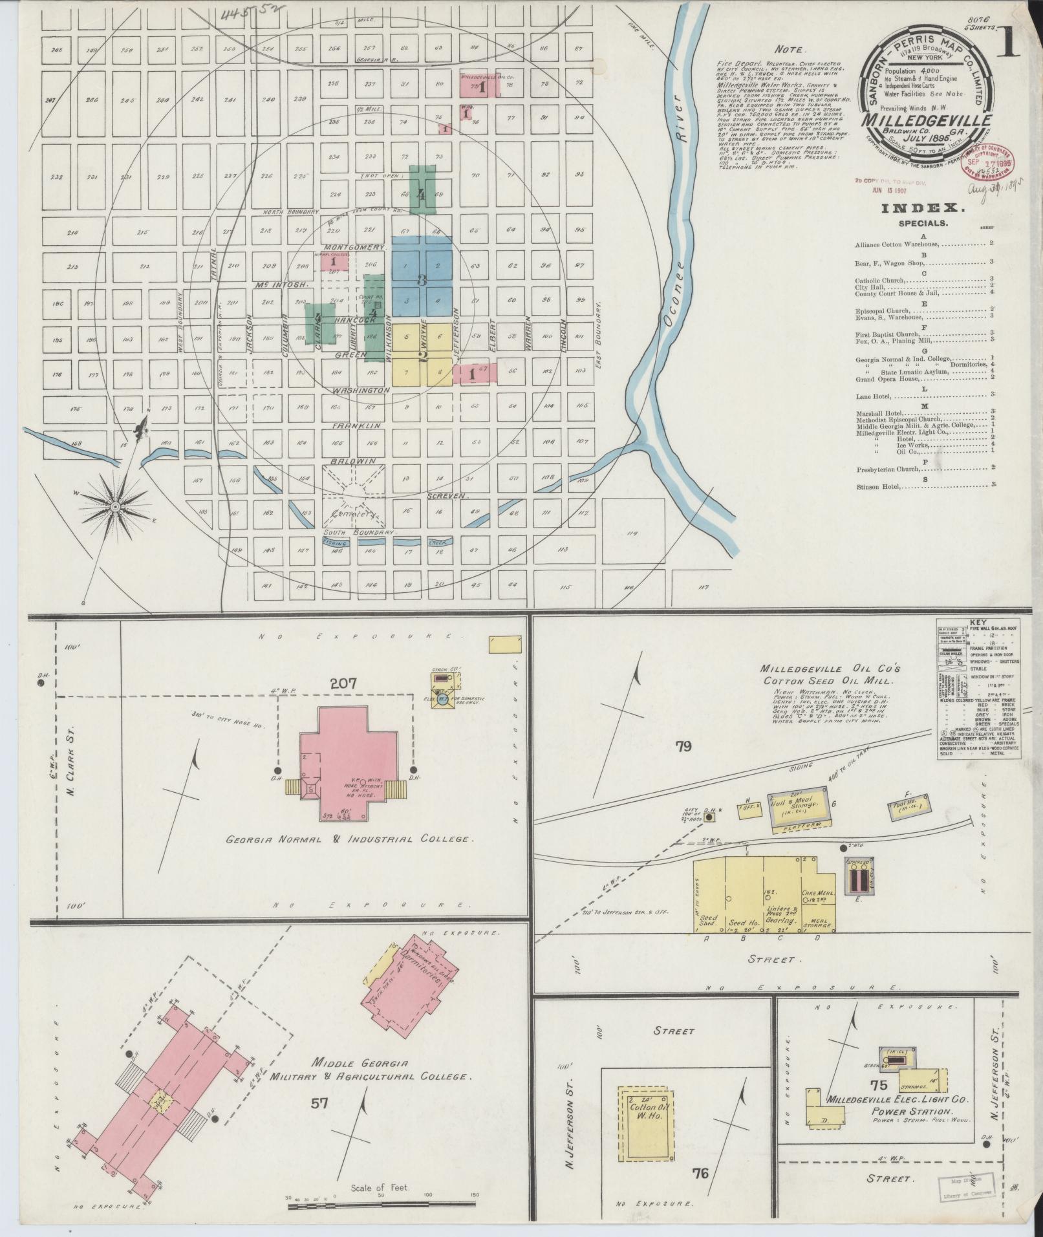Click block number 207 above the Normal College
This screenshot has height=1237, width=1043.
pos(333,683)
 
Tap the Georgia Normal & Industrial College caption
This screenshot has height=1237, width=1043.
pos(347,839)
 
